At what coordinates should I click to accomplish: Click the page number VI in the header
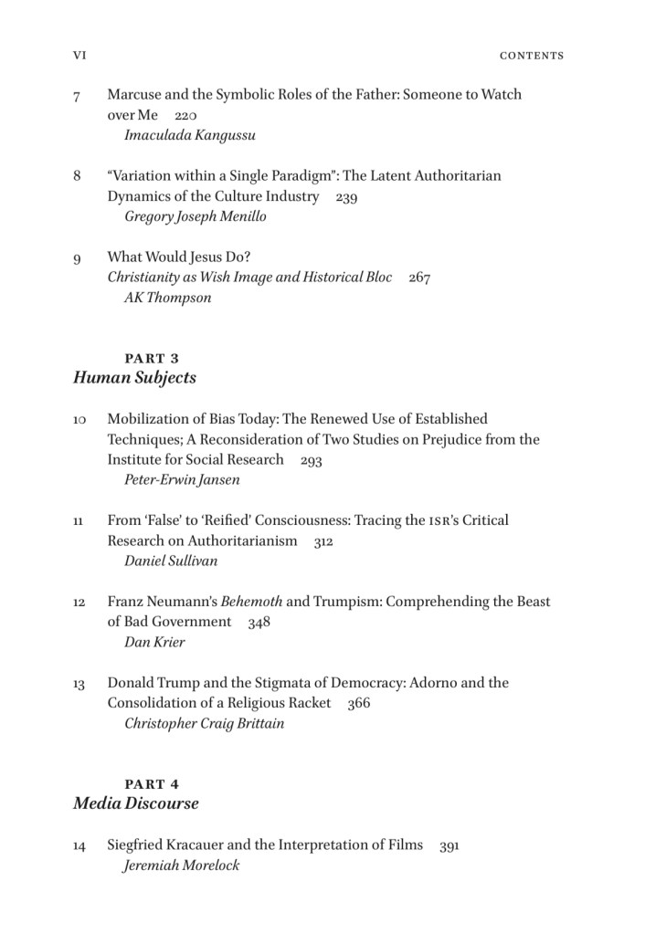coord(79,56)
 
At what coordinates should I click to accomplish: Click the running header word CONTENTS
coord(532,56)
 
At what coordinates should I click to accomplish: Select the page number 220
coord(185,116)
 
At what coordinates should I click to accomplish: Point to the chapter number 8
coord(78,175)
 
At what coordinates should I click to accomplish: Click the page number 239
coord(346,197)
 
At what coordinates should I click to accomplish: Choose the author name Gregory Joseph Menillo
coord(196,217)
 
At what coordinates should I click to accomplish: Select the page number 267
coord(419,278)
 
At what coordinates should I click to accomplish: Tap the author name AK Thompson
coord(167,298)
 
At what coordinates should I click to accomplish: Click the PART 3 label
coord(152,359)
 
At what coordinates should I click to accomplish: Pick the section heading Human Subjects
coord(134,378)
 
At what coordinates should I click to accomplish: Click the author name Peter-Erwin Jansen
coord(182,480)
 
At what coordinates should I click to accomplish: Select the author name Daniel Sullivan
coord(171,561)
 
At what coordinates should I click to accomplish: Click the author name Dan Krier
coord(154,642)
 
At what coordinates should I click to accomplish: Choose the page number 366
coord(358,704)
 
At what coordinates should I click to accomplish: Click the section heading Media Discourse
coord(135,804)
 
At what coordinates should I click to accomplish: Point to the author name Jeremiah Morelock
coord(181,866)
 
